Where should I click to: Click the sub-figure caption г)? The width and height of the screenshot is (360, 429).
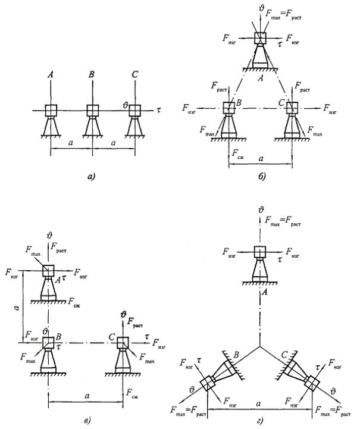point(259,421)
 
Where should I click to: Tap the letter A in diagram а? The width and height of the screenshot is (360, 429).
point(51,75)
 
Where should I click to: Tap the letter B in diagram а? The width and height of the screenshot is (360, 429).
point(92,75)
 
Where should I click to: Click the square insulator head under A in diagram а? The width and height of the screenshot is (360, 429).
point(51,111)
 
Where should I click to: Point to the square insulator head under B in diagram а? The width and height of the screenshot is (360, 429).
point(92,111)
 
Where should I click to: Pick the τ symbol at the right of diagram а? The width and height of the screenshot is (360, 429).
point(159,111)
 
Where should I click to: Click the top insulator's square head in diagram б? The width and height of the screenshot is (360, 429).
point(261,37)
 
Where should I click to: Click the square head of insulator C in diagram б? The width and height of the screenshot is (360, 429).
point(292,109)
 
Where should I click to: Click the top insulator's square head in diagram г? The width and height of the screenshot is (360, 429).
point(259,252)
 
